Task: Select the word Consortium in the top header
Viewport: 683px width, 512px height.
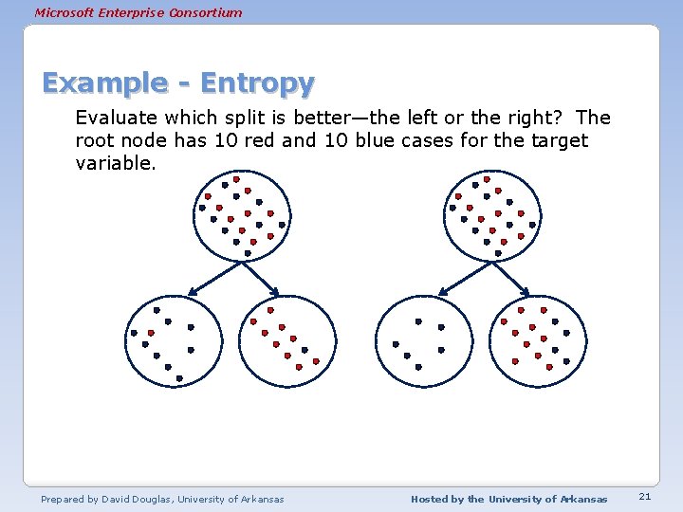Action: [208, 12]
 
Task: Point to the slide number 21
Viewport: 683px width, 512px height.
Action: [644, 497]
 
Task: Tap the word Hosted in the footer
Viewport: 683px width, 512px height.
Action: [431, 499]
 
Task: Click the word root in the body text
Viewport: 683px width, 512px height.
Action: [95, 140]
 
